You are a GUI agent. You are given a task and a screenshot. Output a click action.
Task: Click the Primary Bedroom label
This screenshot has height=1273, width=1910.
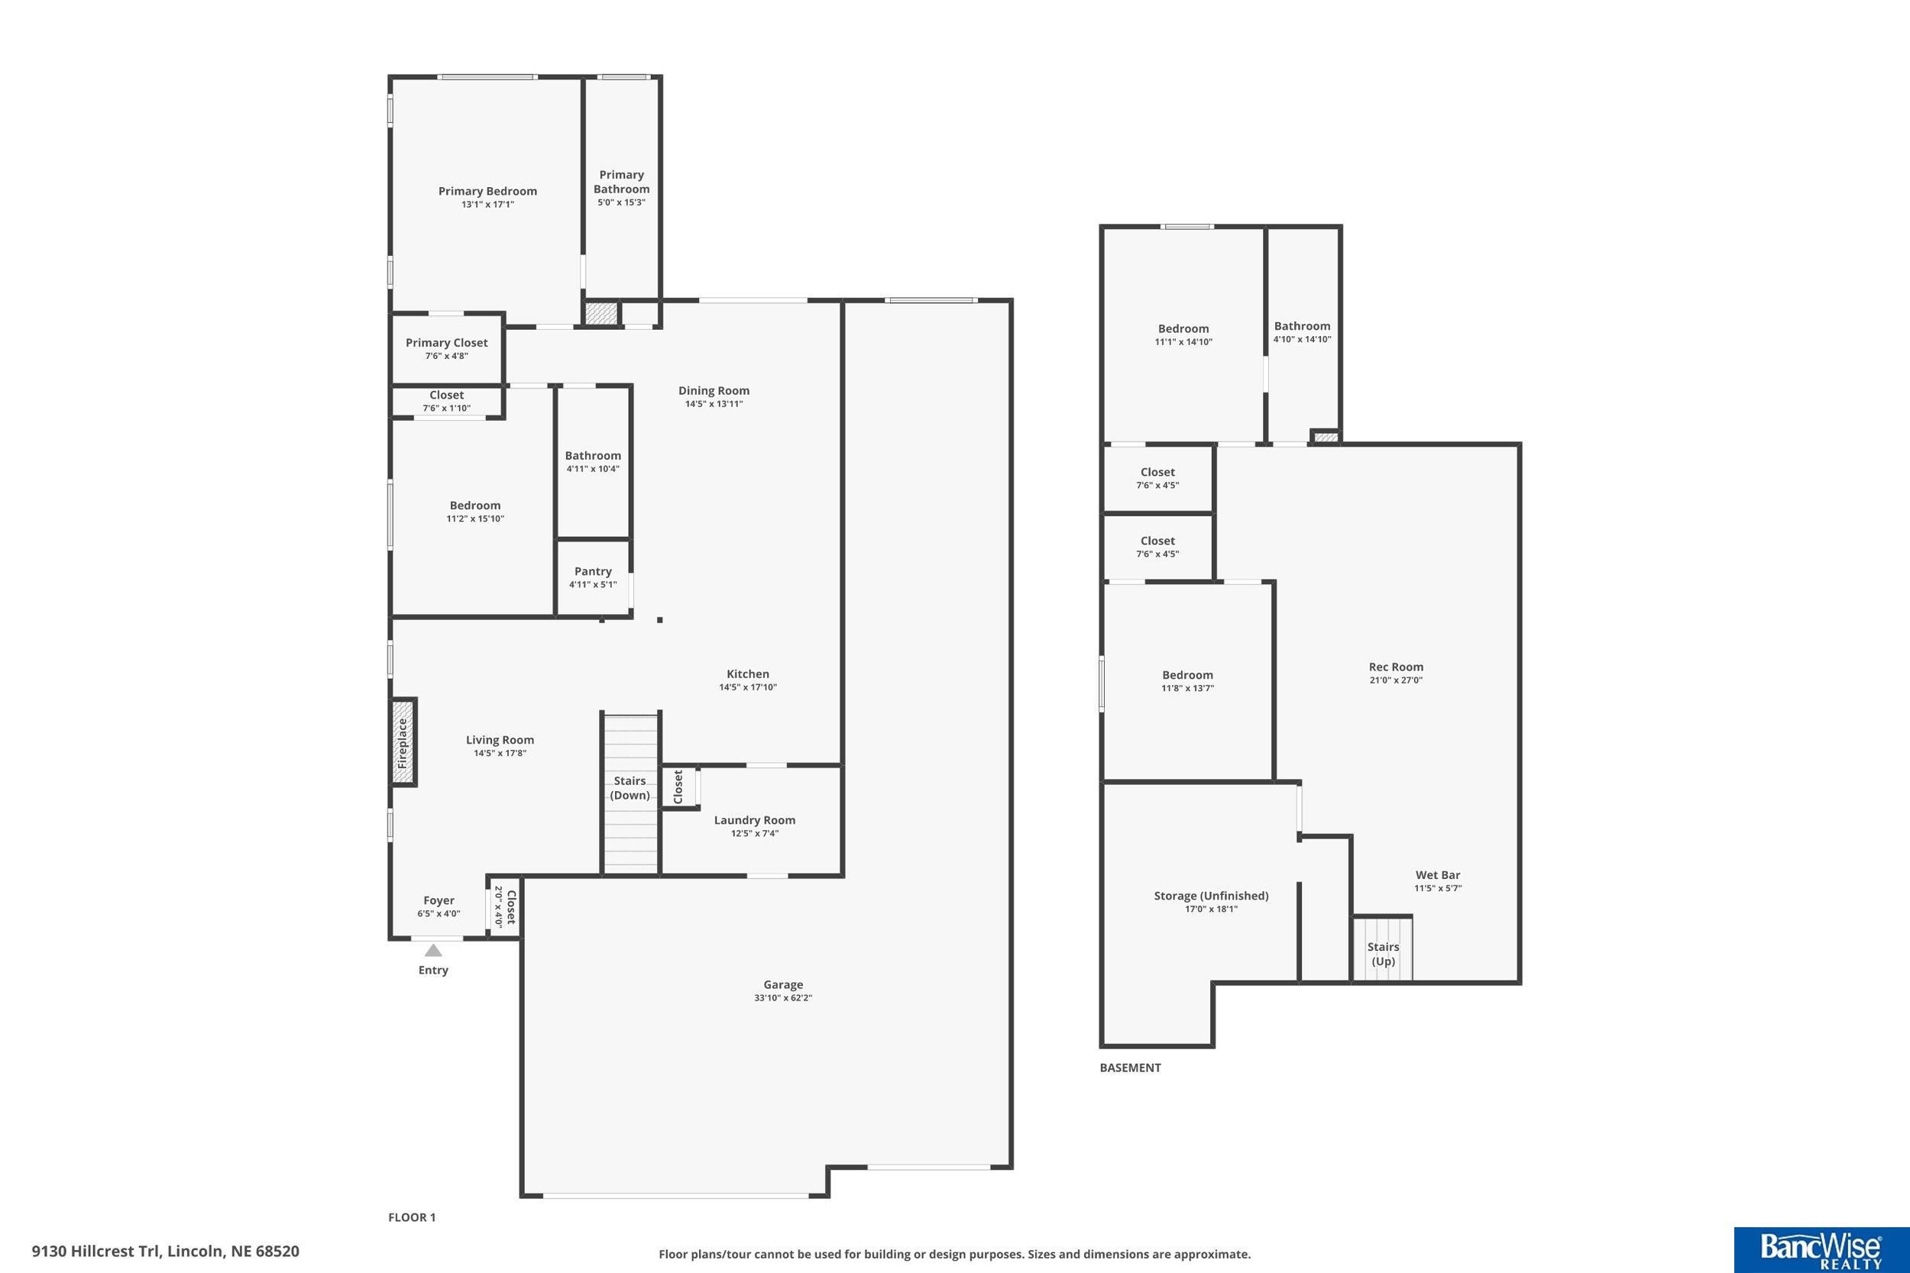click(487, 192)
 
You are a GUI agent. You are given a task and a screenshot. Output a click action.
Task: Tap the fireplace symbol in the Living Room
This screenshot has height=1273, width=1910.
click(403, 742)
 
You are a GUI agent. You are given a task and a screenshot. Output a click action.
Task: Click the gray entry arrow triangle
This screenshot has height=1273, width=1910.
click(433, 950)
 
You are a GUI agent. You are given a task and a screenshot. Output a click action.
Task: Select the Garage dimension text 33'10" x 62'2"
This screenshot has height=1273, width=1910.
click(783, 998)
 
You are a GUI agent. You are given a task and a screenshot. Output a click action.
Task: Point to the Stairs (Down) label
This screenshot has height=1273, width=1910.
click(630, 787)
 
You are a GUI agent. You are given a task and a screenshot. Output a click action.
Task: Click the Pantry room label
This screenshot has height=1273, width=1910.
click(593, 571)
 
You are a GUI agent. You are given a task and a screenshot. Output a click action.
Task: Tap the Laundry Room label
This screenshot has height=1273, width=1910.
click(754, 820)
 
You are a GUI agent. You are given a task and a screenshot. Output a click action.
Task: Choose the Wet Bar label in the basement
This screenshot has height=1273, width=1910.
click(1438, 875)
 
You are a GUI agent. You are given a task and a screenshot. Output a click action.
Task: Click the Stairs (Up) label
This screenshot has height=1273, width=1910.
click(1383, 954)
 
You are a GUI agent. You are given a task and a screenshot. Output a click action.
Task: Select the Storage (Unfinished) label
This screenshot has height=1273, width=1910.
click(1211, 897)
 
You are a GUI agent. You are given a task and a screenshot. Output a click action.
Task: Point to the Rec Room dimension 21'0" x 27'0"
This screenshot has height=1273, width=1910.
click(1396, 680)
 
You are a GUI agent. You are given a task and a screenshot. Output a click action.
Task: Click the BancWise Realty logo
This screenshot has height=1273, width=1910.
click(1821, 1249)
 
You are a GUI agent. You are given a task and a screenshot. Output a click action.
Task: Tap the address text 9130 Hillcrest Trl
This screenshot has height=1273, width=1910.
click(98, 1251)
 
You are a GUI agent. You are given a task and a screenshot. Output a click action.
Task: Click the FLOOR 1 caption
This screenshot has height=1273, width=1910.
click(412, 1217)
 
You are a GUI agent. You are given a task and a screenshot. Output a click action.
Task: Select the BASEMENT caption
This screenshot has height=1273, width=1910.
click(1131, 1068)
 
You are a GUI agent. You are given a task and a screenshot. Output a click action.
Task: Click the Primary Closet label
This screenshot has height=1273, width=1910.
click(447, 343)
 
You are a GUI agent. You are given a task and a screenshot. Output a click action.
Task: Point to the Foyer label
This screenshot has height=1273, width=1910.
click(439, 900)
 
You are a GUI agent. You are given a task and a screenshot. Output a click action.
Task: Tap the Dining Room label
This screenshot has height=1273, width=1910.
click(714, 390)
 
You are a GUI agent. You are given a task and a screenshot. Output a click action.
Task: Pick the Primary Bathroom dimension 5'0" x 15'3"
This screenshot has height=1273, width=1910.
click(621, 202)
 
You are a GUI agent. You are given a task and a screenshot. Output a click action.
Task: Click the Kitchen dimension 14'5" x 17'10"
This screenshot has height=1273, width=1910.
click(748, 687)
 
